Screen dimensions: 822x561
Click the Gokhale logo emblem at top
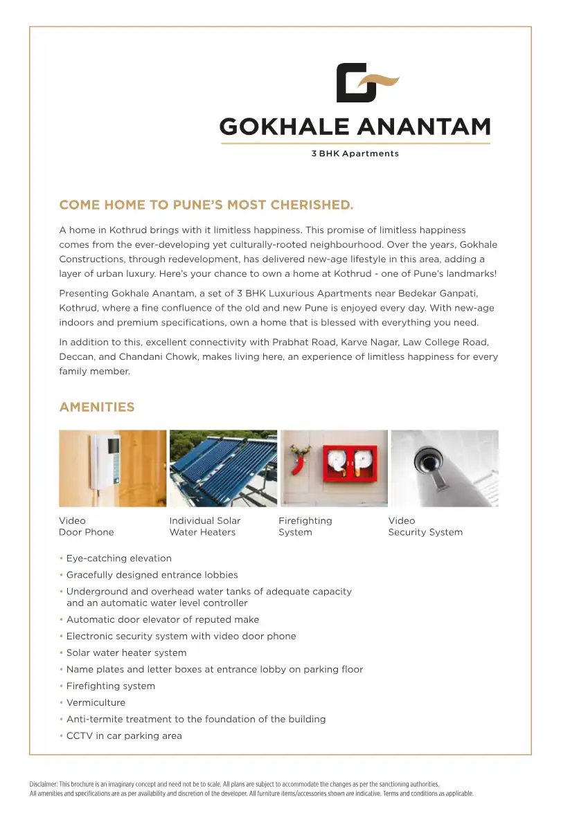point(367,83)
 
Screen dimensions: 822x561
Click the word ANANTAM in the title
point(425,127)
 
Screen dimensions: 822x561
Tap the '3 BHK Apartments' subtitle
point(355,154)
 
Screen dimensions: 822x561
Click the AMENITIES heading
point(97,407)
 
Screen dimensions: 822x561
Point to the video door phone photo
point(112,468)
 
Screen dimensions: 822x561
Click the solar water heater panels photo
point(223,468)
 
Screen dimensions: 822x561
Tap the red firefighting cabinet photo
point(334,468)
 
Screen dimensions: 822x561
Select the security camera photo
point(445,468)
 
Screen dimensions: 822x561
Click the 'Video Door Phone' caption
point(86,527)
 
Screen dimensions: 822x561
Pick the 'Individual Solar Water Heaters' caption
point(204,527)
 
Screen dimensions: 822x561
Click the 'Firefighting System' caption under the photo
point(305,527)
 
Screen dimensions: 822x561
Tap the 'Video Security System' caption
point(425,527)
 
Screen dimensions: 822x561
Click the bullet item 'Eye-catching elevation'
point(118,558)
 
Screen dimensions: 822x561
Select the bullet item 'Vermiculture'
point(96,702)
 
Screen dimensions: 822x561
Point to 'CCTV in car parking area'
point(124,736)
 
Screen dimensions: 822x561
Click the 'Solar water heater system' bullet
point(126,652)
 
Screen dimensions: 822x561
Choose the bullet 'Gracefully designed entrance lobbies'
point(152,575)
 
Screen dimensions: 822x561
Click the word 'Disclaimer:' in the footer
point(44,785)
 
